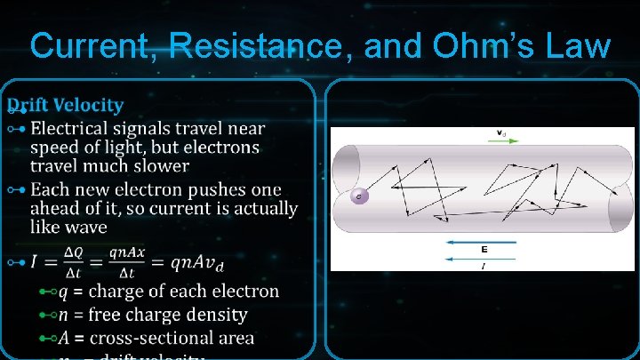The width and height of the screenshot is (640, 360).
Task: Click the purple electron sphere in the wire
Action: click(x=359, y=196)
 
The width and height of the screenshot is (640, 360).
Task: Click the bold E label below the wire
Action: click(x=484, y=250)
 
